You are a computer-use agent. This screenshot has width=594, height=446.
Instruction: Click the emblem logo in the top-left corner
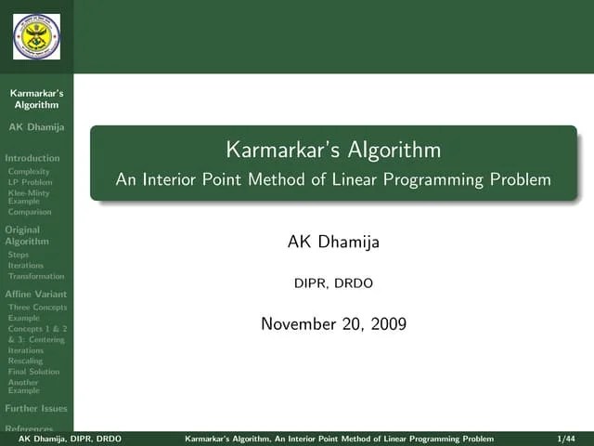[x=36, y=36]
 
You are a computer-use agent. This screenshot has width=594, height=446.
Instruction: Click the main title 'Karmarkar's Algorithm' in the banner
[x=333, y=150]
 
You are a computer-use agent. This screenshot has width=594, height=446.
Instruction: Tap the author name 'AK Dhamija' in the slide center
[x=333, y=243]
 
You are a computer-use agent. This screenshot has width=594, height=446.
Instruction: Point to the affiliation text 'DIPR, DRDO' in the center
[x=333, y=283]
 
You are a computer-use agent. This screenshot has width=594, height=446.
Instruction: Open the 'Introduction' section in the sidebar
[x=32, y=158]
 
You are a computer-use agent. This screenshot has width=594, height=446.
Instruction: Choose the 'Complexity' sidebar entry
[x=28, y=172]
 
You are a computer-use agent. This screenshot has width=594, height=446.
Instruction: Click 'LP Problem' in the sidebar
[x=30, y=182]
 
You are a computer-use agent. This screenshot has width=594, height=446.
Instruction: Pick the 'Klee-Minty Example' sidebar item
[x=28, y=197]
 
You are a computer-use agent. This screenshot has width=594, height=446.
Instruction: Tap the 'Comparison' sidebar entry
[x=30, y=212]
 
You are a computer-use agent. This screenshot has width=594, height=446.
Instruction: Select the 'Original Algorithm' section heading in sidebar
[x=26, y=235]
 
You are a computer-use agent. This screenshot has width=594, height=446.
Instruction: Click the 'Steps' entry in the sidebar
[x=18, y=255]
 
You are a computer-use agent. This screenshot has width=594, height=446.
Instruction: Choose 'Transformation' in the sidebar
[x=35, y=276]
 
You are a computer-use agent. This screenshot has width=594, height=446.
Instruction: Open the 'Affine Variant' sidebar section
[x=35, y=294]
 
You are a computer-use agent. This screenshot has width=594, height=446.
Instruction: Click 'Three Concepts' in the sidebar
[x=37, y=307]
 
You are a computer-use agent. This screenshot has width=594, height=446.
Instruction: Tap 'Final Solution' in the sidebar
[x=33, y=372]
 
